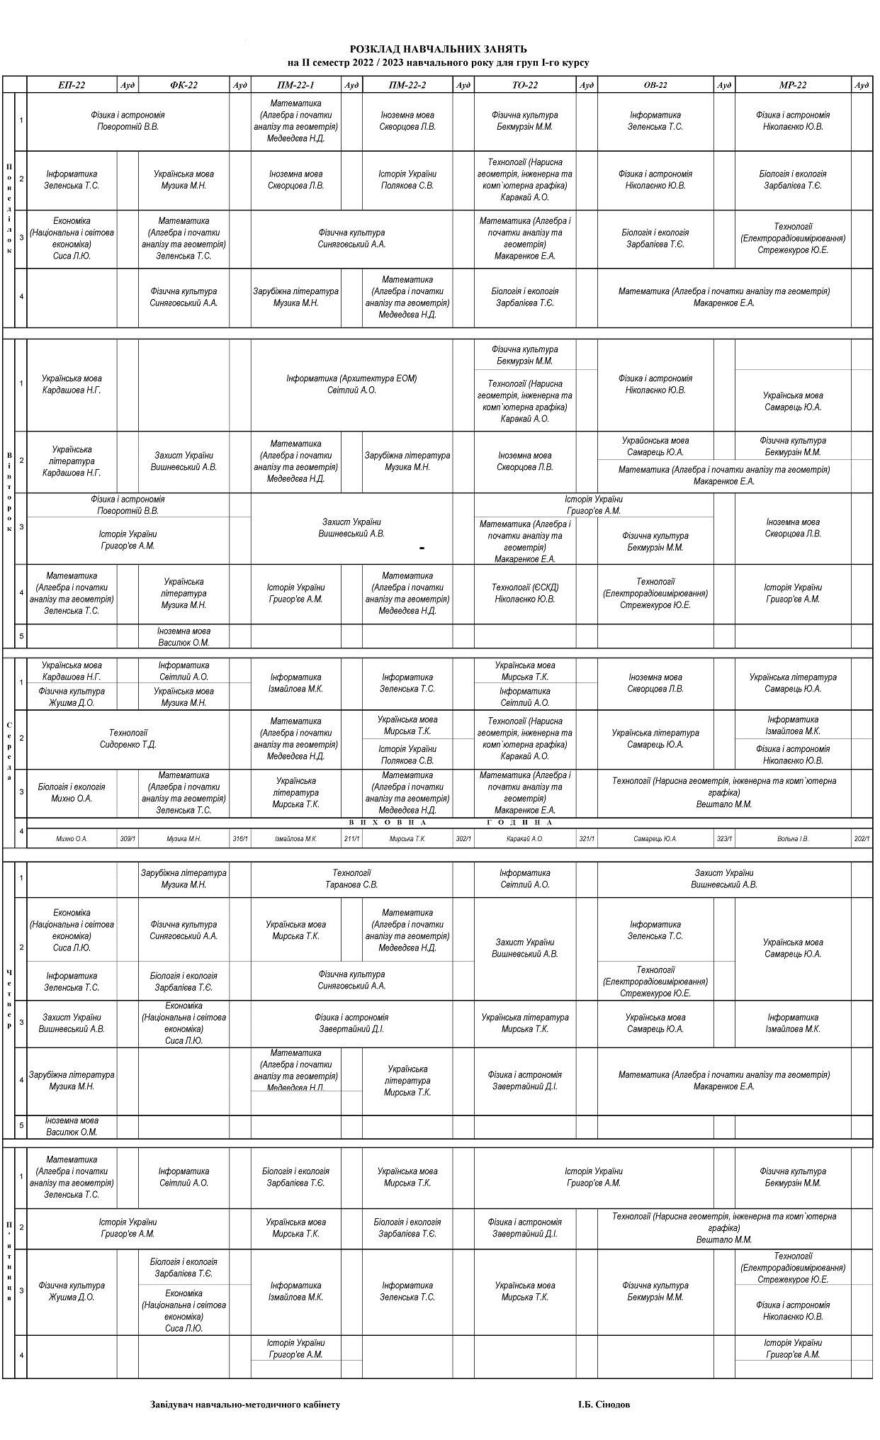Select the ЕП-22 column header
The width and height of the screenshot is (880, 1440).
pyautogui.click(x=72, y=85)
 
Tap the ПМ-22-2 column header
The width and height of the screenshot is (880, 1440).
pyautogui.click(x=407, y=85)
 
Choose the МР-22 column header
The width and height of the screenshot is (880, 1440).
pyautogui.click(x=793, y=85)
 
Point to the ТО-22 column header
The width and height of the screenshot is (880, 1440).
pyautogui.click(x=525, y=85)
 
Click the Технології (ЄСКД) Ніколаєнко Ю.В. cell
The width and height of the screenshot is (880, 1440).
pyautogui.click(x=525, y=593)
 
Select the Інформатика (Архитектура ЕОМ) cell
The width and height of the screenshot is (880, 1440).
pyautogui.click(x=351, y=384)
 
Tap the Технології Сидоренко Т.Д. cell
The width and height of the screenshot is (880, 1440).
pyautogui.click(x=128, y=738)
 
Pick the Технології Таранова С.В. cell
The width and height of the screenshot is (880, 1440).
pyautogui.click(x=351, y=879)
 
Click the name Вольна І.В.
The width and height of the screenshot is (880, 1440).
pyautogui.click(x=793, y=838)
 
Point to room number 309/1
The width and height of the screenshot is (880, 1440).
pyautogui.click(x=128, y=838)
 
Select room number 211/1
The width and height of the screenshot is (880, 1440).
pyautogui.click(x=351, y=838)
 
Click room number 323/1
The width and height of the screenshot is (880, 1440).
pyautogui.click(x=724, y=838)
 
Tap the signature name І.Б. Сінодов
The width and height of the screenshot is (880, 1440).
pyautogui.click(x=604, y=1404)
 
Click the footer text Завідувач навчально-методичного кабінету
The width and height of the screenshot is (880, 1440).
pyautogui.click(x=245, y=1404)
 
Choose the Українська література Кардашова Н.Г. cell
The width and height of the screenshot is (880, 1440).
pyautogui.click(x=72, y=461)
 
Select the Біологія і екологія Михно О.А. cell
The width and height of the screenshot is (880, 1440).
pyautogui.click(x=72, y=792)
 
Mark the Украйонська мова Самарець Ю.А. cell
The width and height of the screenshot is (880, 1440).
pyautogui.click(x=655, y=446)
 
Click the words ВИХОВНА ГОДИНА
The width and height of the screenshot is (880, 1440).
pyautogui.click(x=451, y=822)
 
